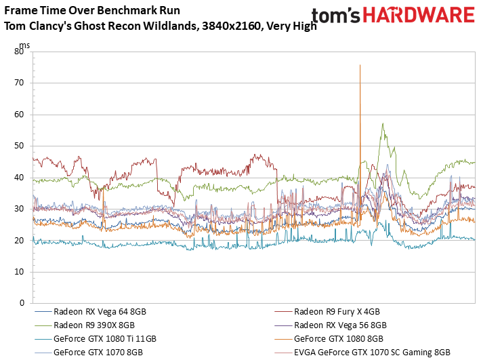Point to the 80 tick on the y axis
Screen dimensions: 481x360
(19, 52)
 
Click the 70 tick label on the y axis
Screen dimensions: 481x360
(19, 83)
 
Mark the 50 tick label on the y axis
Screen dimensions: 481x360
(19, 146)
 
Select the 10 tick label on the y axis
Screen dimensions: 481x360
(19, 272)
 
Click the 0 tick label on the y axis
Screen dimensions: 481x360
(22, 303)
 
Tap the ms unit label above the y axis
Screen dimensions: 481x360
(24, 45)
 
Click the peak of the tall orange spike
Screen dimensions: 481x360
(360, 65)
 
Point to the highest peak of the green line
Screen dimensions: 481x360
(383, 123)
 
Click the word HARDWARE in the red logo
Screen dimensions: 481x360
(419, 15)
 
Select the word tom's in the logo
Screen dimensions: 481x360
(335, 16)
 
